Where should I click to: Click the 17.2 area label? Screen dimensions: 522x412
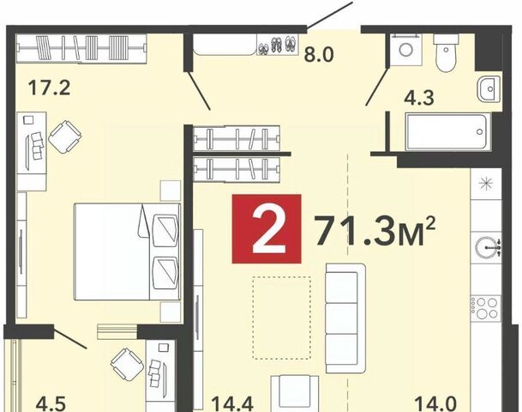49,88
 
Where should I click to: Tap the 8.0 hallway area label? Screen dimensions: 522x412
319,55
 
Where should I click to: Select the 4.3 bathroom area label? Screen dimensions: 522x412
419,98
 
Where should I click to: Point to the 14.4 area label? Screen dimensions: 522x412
232,403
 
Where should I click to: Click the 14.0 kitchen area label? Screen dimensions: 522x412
435,403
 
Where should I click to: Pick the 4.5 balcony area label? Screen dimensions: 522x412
51,403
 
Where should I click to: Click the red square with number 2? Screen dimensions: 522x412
267,229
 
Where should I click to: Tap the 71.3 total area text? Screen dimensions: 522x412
375,230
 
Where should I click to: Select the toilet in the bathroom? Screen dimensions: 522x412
446,52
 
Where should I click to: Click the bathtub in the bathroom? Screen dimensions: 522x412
447,131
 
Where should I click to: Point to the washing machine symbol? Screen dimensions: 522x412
406,49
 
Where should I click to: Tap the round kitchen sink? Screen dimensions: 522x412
488,247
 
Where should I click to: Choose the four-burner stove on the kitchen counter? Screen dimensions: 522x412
486,309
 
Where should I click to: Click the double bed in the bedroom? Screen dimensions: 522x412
128,251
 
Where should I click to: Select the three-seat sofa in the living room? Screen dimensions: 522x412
345,318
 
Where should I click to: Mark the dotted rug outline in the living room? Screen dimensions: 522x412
282,318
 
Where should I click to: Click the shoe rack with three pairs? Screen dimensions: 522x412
278,45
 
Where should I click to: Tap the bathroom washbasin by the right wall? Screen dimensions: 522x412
489,89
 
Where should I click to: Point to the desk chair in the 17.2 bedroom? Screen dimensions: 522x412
65,136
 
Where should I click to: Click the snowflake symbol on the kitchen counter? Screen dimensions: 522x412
486,184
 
